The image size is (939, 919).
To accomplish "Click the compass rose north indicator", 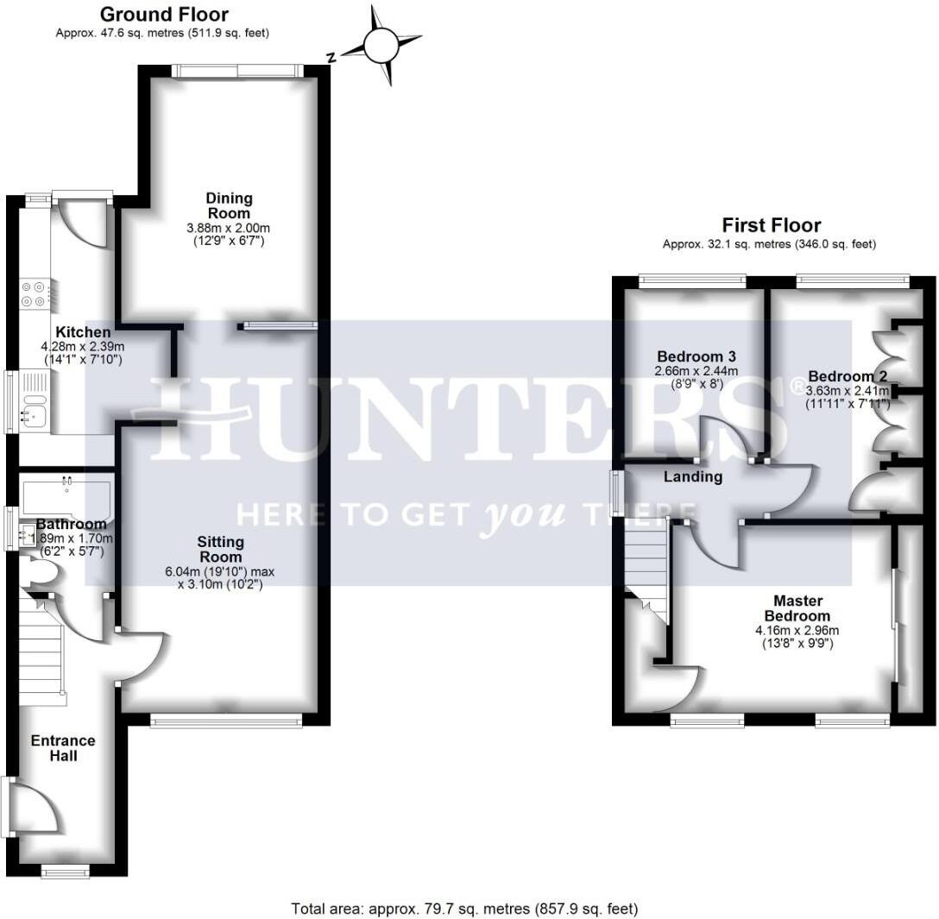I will point(381,46).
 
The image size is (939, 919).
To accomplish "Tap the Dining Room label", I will point(229,206).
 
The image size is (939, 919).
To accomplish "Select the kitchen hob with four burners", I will point(36,294).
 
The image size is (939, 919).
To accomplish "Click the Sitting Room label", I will point(221,549).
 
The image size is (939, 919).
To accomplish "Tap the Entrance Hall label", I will point(63,748).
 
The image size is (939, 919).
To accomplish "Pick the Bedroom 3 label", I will point(696,356).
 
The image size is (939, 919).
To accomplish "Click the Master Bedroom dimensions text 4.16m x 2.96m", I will point(797,630).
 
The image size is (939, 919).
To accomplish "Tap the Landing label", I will point(693,476).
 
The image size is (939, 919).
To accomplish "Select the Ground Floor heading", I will point(164,15).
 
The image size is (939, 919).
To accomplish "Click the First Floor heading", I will point(771,225).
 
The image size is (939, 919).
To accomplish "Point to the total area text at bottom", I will point(464,909).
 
